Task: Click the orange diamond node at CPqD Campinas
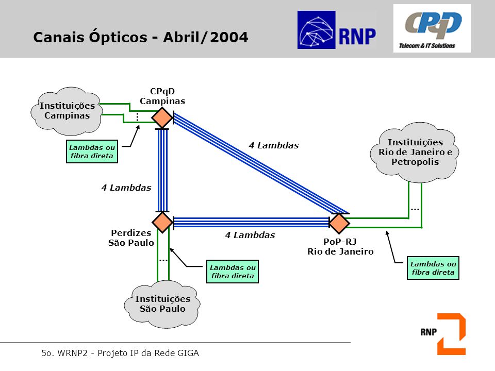click(162, 117)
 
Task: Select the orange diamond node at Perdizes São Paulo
click(162, 222)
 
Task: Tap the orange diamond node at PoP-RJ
click(339, 223)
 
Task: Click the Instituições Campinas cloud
click(67, 111)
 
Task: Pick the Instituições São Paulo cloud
click(162, 304)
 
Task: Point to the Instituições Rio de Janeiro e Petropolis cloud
click(415, 153)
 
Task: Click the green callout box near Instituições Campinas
click(92, 151)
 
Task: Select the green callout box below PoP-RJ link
click(433, 268)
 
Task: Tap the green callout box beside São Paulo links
click(233, 272)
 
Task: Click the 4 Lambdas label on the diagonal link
click(274, 145)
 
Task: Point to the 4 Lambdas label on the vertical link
click(126, 188)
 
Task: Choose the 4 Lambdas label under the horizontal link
click(250, 235)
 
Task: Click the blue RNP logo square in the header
click(316, 30)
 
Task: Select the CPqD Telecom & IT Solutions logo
click(432, 28)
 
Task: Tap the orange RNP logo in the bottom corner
click(443, 334)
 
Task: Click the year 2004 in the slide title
click(229, 37)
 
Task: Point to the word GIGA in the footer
click(188, 353)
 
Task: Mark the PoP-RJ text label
click(340, 242)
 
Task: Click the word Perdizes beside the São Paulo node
click(131, 233)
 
